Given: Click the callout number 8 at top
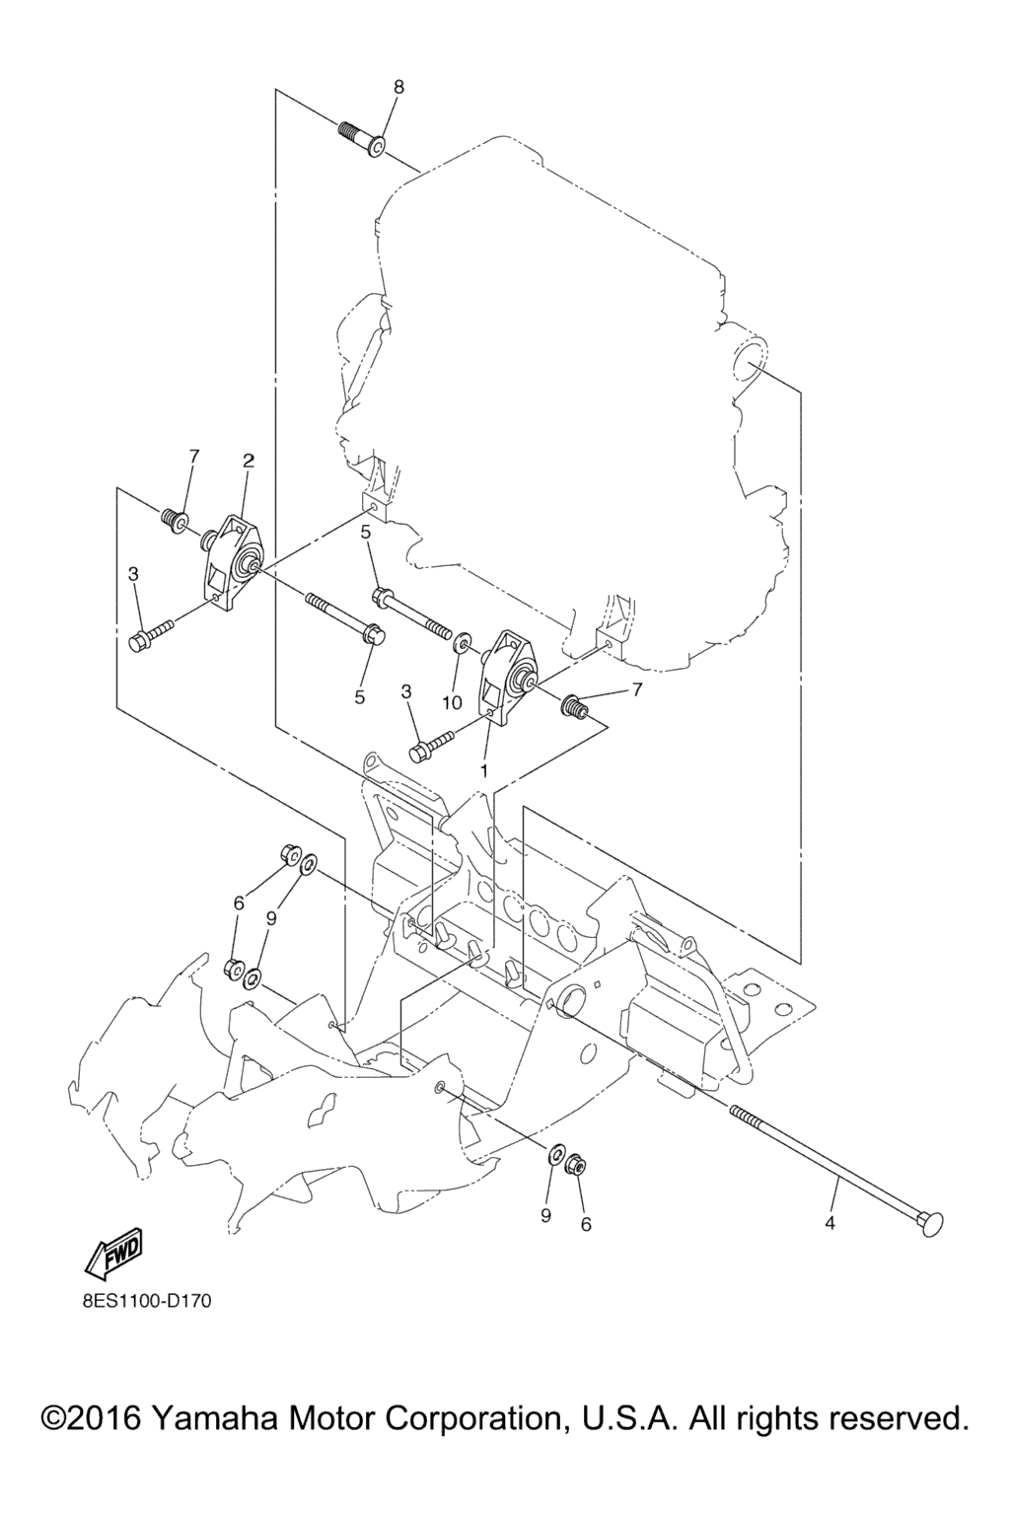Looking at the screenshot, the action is click(398, 87).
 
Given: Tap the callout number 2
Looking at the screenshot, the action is click(249, 462).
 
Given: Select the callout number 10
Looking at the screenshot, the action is click(453, 702).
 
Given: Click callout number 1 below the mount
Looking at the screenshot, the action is click(483, 770).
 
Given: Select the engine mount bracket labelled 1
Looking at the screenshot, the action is click(505, 679).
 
